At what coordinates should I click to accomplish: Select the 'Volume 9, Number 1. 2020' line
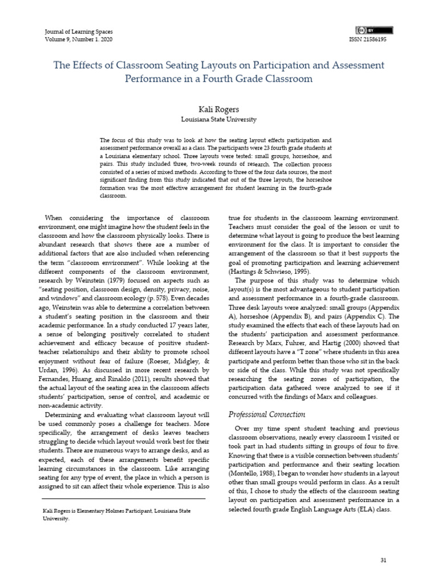click(x=78, y=40)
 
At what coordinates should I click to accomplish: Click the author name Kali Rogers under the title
click(x=219, y=109)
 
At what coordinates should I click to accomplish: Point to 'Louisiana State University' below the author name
click(x=219, y=120)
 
